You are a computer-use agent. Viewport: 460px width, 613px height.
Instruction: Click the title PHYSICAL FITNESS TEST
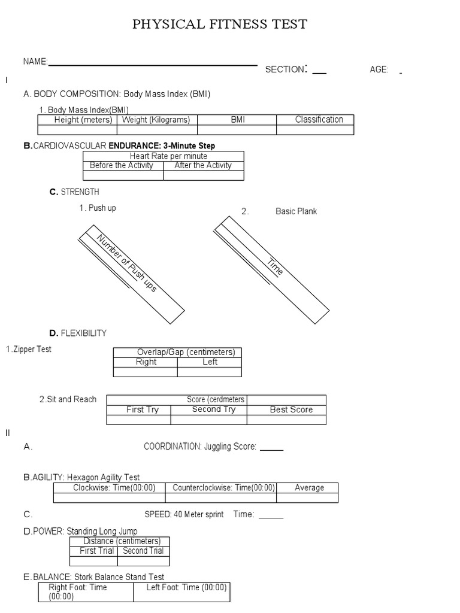pyautogui.click(x=220, y=25)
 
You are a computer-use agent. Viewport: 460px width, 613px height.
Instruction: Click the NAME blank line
pyautogui.click(x=153, y=65)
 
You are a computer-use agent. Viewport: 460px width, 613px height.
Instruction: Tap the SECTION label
pyautogui.click(x=285, y=69)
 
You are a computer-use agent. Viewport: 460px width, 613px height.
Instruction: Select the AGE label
pyautogui.click(x=379, y=69)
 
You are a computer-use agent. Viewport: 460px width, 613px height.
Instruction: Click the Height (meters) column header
pyautogui.click(x=83, y=120)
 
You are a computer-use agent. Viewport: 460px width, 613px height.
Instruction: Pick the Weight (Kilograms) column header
pyautogui.click(x=156, y=120)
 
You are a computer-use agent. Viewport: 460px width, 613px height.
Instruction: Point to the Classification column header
pyautogui.click(x=319, y=120)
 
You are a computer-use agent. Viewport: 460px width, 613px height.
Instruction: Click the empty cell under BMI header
pyautogui.click(x=237, y=130)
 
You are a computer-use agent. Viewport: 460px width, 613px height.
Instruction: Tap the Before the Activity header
pyautogui.click(x=122, y=166)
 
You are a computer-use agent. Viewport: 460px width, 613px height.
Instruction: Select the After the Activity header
pyautogui.click(x=203, y=166)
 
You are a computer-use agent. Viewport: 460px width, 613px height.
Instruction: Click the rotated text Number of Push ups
pyautogui.click(x=127, y=263)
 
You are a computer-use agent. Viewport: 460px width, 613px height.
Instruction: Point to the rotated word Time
pyautogui.click(x=275, y=266)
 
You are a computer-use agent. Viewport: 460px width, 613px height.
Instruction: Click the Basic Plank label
pyautogui.click(x=296, y=211)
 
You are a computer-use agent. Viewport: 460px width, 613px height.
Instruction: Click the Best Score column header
pyautogui.click(x=291, y=410)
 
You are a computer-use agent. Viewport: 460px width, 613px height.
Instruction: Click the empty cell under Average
pyautogui.click(x=307, y=498)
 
